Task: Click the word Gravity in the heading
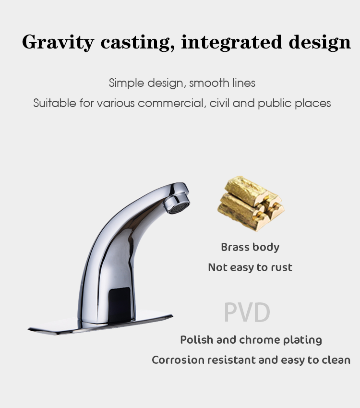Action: coord(58,42)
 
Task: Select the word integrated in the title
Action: coord(231,42)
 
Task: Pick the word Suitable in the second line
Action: coord(55,103)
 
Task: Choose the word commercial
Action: coord(170,103)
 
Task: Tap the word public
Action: coord(275,104)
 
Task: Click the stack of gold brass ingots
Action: coord(251,203)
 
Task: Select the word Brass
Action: coord(235,247)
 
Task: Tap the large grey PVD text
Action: coord(247,312)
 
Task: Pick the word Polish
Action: coord(197,340)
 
